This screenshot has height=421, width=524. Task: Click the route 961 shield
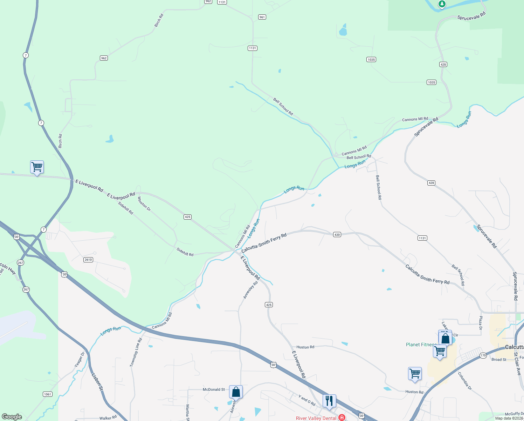click(x=262, y=17)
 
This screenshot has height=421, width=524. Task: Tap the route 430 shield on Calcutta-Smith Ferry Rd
click(x=337, y=235)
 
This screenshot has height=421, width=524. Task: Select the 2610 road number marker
click(x=88, y=260)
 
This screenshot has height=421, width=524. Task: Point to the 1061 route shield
click(x=48, y=394)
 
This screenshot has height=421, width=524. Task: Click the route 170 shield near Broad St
click(x=483, y=355)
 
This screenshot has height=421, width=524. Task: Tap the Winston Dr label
click(x=144, y=204)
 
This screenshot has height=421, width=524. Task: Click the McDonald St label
click(x=214, y=389)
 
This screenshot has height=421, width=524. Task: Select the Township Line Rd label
click(x=136, y=352)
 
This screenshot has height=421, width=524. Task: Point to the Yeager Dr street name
click(x=80, y=360)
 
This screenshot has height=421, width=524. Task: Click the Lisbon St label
click(x=97, y=382)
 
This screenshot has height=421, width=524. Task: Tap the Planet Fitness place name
click(x=421, y=345)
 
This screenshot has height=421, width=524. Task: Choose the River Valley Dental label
click(x=316, y=418)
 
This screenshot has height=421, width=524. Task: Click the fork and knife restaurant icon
click(x=329, y=401)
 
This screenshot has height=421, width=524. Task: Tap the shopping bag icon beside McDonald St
click(x=236, y=392)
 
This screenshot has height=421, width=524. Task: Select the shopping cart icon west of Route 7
click(x=37, y=167)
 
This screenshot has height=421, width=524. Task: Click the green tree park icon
click(x=442, y=4)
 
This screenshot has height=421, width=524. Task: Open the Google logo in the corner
click(x=12, y=417)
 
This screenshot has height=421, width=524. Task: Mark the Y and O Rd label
click(x=307, y=400)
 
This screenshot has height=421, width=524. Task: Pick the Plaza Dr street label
click(x=481, y=323)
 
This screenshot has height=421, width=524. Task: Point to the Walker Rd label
click(x=108, y=418)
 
